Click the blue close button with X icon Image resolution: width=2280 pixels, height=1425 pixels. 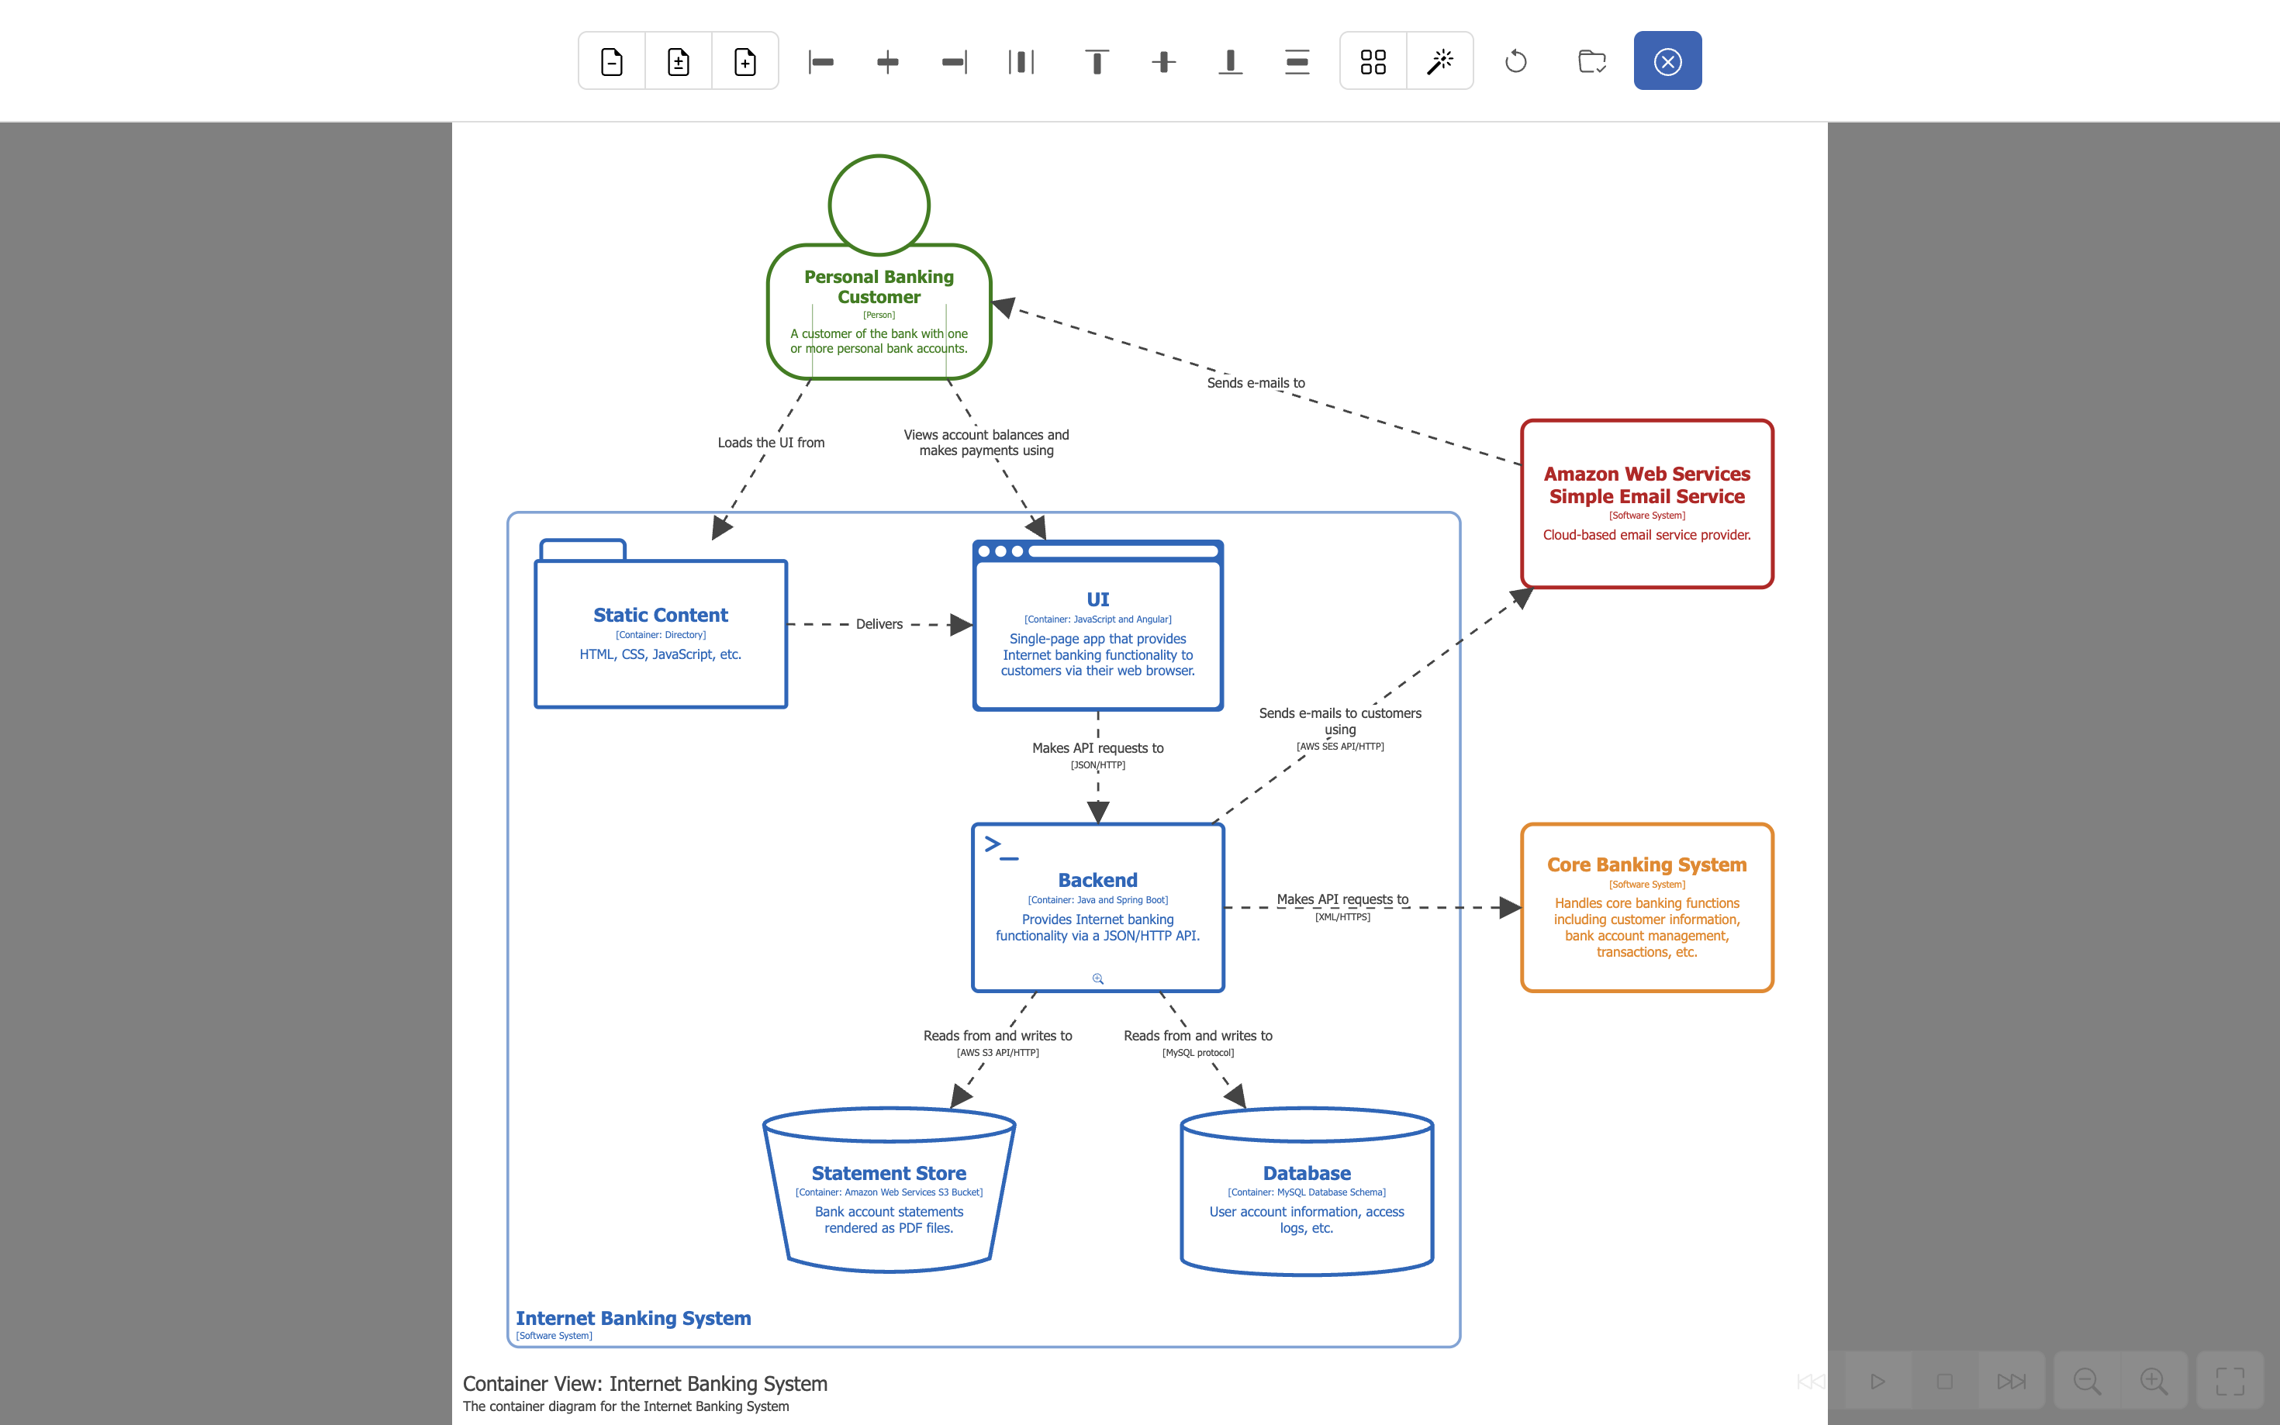pyautogui.click(x=1667, y=61)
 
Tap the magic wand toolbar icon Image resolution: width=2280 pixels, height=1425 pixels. pyautogui.click(x=1439, y=61)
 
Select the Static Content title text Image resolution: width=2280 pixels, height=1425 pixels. pyautogui.click(x=660, y=615)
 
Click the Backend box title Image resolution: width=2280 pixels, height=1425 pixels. pyautogui.click(x=1097, y=879)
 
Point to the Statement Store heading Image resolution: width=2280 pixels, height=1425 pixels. pyautogui.click(x=888, y=1172)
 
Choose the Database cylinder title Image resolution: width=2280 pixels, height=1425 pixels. pyautogui.click(x=1307, y=1172)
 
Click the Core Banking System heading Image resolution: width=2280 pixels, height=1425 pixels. pyautogui.click(x=1646, y=864)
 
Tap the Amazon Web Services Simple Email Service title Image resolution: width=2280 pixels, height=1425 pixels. pyautogui.click(x=1646, y=485)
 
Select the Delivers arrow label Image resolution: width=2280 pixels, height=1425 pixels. pyautogui.click(x=879, y=624)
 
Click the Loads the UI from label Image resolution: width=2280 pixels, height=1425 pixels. pyautogui.click(x=770, y=442)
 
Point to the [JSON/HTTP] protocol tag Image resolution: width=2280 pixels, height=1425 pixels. pyautogui.click(x=1097, y=764)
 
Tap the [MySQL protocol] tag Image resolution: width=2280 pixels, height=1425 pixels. pyautogui.click(x=1197, y=1052)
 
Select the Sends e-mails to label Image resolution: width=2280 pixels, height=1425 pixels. pyautogui.click(x=1255, y=383)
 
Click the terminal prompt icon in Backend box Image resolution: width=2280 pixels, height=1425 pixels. pyautogui.click(x=1000, y=847)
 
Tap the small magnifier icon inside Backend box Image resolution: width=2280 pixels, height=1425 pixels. pyautogui.click(x=1097, y=978)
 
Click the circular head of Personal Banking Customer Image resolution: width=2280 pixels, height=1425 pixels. pyautogui.click(x=879, y=205)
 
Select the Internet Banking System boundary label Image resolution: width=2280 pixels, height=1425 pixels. pyautogui.click(x=633, y=1317)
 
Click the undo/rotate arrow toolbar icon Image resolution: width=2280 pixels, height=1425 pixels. pyautogui.click(x=1515, y=61)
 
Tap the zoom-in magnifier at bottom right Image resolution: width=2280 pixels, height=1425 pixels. pyautogui.click(x=2153, y=1381)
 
